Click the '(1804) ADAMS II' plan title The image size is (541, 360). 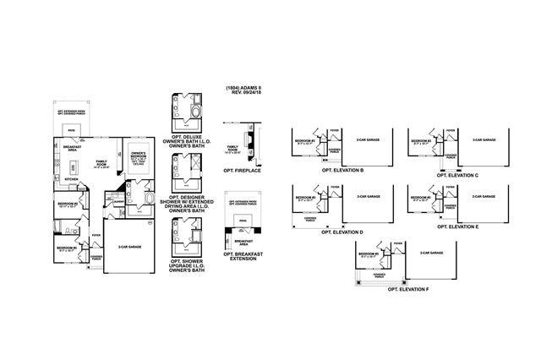pyautogui.click(x=242, y=88)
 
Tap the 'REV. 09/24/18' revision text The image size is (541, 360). pyautogui.click(x=242, y=94)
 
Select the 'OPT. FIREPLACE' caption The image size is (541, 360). pyautogui.click(x=243, y=169)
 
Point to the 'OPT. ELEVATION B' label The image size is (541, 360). pyautogui.click(x=342, y=170)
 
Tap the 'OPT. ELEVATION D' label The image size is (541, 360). pyautogui.click(x=342, y=231)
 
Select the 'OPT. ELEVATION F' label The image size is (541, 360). pyautogui.click(x=408, y=289)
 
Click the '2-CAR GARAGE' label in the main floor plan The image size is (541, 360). pyautogui.click(x=128, y=247)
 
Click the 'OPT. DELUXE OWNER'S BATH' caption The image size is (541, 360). pyautogui.click(x=189, y=140)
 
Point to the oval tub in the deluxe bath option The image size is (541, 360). pyautogui.click(x=196, y=112)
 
